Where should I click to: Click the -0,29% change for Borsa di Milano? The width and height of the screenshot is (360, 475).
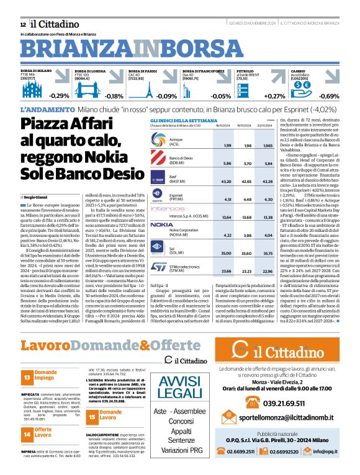pos(60,96)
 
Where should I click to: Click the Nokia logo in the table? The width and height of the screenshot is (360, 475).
pos(161,224)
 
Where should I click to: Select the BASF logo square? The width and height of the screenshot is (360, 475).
pos(160,180)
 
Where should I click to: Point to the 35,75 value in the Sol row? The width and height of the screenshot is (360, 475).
pos(268,254)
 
